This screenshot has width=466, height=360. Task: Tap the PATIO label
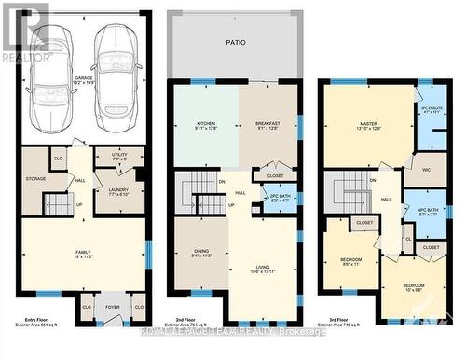pos(235,42)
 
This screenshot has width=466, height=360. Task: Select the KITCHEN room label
pos(205,127)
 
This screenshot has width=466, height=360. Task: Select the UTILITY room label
pos(118,156)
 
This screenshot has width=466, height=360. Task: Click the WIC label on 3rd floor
pos(425,170)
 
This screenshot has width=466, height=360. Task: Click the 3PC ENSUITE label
pos(431,120)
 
